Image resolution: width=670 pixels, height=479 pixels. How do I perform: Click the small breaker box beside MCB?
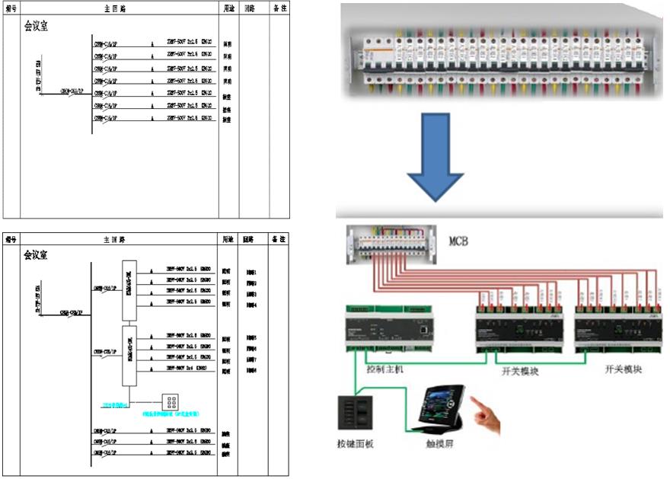(391, 243)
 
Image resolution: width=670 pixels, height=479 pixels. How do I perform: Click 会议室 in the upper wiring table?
(37, 26)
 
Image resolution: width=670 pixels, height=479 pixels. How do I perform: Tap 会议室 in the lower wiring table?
(37, 254)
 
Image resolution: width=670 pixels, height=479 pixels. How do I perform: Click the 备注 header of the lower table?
(279, 239)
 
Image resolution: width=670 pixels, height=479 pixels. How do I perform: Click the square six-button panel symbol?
(170, 402)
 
